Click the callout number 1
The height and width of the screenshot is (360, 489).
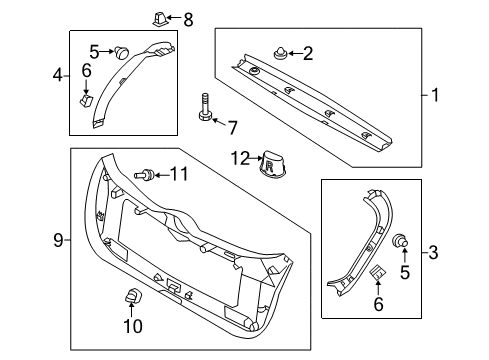435,96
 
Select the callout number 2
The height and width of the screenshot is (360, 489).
307,52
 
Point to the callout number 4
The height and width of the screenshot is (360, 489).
58,75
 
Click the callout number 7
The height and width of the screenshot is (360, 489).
233,127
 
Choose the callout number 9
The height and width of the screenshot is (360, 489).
58,240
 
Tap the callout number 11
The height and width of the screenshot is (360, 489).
179,174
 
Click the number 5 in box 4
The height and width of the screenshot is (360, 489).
94,50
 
